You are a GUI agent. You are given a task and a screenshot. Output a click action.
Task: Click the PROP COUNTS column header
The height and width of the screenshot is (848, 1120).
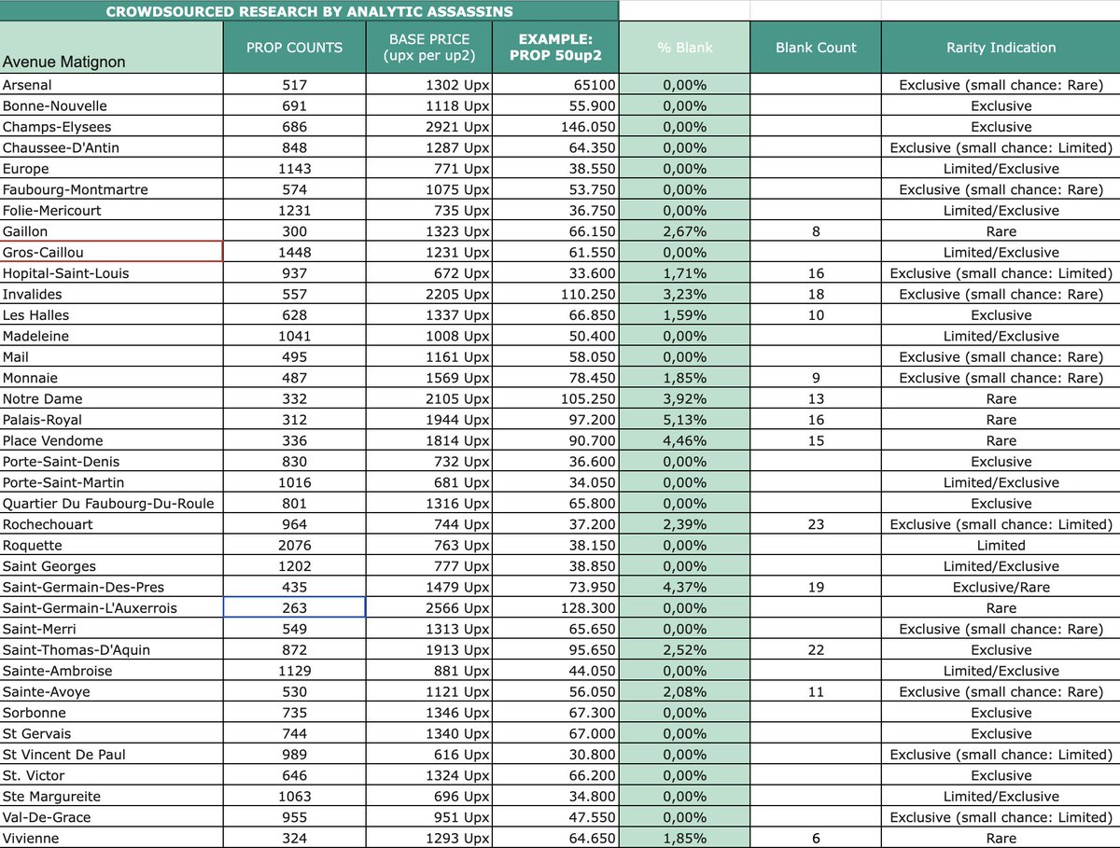[x=294, y=48]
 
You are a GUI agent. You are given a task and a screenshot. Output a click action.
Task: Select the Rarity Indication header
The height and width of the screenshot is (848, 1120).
[x=1001, y=48]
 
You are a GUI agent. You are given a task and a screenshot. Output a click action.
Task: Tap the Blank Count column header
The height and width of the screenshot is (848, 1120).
[x=816, y=48]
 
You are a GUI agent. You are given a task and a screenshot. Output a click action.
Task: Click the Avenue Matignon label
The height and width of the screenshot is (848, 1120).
[x=64, y=63]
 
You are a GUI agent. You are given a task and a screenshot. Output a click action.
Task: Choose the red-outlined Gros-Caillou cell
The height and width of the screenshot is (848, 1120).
[x=111, y=252]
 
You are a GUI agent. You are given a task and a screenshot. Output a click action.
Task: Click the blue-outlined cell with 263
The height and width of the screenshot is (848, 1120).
[x=294, y=608]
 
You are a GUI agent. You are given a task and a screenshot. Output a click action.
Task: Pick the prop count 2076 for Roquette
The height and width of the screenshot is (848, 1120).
[x=294, y=546]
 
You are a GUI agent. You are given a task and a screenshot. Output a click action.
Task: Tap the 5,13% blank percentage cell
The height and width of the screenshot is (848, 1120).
[x=685, y=420]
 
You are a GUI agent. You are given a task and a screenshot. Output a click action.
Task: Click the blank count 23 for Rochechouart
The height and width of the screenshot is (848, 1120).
[x=816, y=524]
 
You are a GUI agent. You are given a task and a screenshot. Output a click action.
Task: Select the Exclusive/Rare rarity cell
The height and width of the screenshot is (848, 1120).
[x=1001, y=588]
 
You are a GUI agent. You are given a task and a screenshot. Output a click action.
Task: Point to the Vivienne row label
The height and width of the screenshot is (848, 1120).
[x=31, y=839]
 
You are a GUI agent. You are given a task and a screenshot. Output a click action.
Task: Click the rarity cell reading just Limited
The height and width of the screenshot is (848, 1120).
[x=1001, y=546]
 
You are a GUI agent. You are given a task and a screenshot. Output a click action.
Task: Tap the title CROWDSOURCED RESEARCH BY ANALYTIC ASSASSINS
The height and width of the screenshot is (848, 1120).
[x=309, y=12]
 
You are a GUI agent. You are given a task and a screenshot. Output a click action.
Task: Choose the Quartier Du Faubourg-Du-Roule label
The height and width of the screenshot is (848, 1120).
[x=108, y=504]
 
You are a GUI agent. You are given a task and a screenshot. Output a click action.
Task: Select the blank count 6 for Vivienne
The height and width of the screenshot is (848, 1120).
[x=816, y=839]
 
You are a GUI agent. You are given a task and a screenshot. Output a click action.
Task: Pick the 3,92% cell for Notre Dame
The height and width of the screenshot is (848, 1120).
[x=685, y=399]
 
